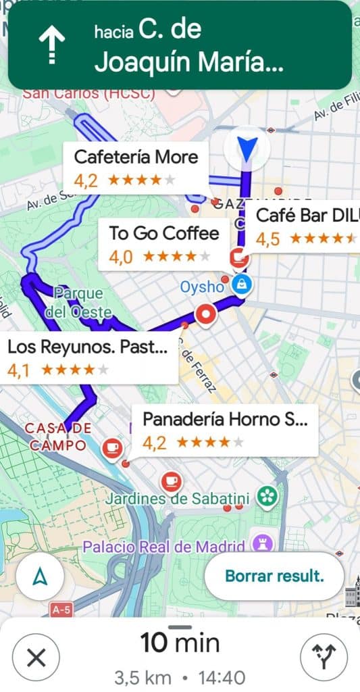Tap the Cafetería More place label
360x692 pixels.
click(x=135, y=167)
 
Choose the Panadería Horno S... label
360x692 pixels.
click(x=225, y=430)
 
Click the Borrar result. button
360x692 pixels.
click(x=274, y=576)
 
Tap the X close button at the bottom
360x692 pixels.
click(x=36, y=656)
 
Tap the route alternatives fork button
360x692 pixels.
click(x=324, y=656)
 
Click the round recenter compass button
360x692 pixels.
click(x=40, y=576)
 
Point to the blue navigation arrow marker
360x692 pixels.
click(x=247, y=148)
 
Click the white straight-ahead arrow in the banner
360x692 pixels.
click(x=51, y=45)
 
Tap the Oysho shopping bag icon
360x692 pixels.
click(x=240, y=285)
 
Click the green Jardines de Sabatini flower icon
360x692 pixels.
click(x=268, y=498)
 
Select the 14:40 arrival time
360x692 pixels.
click(x=223, y=676)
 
